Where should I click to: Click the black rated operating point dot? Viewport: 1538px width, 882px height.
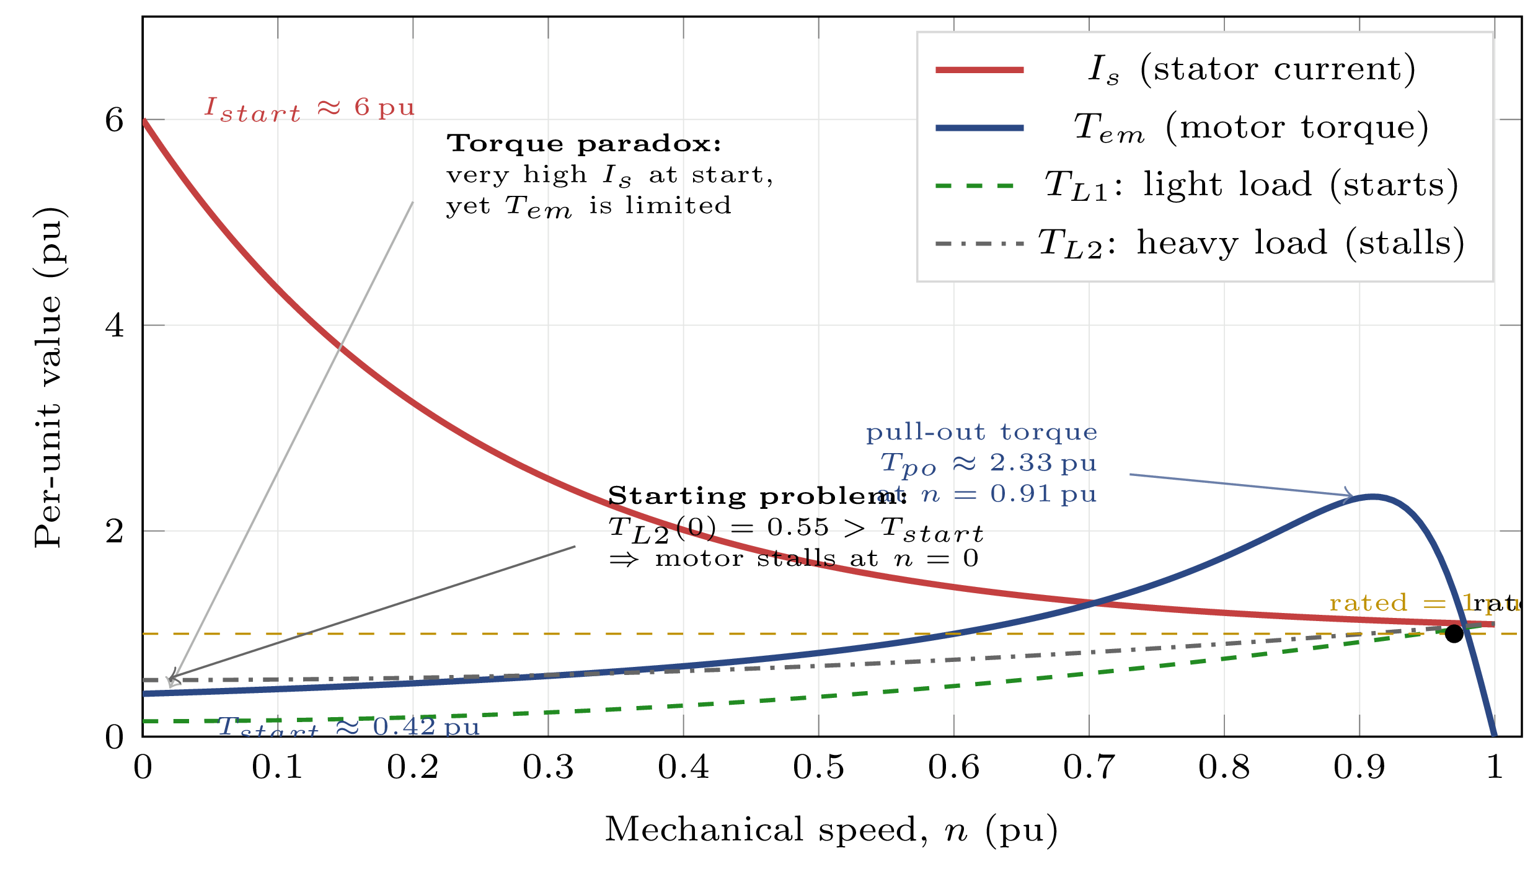coord(1454,633)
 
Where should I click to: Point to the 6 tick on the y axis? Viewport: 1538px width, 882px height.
coord(114,120)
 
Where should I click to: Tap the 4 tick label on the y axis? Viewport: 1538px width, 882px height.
coord(114,325)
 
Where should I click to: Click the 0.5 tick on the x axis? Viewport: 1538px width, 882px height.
coord(818,767)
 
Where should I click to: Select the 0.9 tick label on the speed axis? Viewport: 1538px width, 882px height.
coord(1359,767)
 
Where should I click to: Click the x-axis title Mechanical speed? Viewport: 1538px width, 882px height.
coord(831,829)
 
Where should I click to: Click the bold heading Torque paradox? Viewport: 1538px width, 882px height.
coord(584,144)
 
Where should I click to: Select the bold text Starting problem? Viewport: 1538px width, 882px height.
coord(757,496)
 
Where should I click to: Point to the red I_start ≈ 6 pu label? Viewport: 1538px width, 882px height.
coord(309,108)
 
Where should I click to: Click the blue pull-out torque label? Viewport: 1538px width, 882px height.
coord(981,432)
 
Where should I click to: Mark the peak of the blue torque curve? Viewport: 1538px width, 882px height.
coord(1373,496)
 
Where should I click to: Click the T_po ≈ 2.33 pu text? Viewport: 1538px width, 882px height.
coord(988,464)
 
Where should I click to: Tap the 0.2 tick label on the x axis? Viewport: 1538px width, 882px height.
coord(413,767)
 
